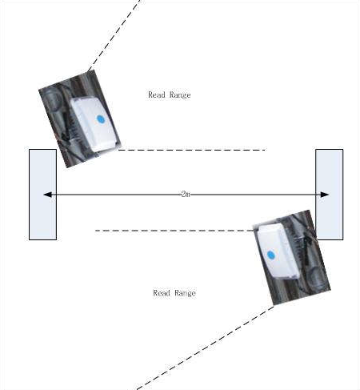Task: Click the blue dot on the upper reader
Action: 101,119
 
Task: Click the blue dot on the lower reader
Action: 270,255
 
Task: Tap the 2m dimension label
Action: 186,194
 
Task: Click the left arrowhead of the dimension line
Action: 47,195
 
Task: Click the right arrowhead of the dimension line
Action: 324,195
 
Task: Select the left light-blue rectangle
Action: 42,195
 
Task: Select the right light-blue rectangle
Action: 330,195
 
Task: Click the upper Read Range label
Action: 170,95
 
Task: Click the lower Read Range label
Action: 174,293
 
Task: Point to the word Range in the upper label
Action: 180,95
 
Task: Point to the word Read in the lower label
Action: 162,293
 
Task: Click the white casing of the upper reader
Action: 94,125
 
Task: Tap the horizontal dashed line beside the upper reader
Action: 192,150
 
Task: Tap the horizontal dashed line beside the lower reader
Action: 174,231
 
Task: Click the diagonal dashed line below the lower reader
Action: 206,348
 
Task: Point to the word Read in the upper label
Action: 157,94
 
